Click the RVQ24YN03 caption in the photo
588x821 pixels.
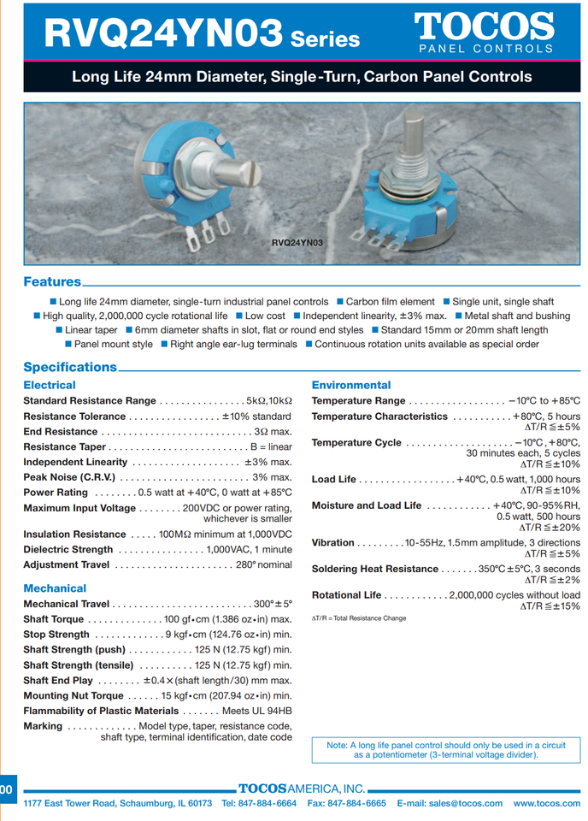point(297,242)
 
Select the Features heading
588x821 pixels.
point(52,282)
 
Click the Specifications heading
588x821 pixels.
point(70,367)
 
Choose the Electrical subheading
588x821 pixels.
point(50,386)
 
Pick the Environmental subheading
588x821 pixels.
point(350,386)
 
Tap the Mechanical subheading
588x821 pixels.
point(55,588)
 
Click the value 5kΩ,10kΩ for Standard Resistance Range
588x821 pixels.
point(268,401)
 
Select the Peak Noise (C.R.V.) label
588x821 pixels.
point(69,477)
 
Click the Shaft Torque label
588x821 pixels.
point(54,619)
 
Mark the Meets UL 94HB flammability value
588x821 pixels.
point(256,711)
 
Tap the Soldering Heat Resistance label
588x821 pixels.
point(374,569)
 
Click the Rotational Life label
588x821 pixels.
point(346,595)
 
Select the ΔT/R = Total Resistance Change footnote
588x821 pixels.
point(359,617)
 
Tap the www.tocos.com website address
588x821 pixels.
point(547,804)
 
